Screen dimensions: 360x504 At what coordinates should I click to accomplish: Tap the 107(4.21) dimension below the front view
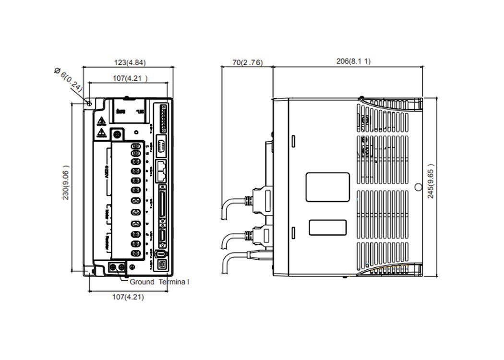(x=128, y=297)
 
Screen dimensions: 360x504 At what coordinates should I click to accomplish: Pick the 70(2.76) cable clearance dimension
(x=247, y=62)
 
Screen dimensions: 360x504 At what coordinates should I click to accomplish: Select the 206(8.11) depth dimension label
(x=354, y=61)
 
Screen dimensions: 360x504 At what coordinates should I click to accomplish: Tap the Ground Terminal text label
(x=159, y=282)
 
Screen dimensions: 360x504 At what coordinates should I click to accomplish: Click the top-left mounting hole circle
(x=89, y=104)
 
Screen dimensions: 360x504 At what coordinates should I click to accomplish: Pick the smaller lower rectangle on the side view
(x=327, y=228)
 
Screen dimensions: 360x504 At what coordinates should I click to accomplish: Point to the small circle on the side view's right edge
(x=418, y=187)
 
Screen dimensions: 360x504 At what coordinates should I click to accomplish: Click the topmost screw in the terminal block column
(x=136, y=147)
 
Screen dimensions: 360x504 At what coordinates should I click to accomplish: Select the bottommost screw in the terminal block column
(x=136, y=253)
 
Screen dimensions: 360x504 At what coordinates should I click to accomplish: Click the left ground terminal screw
(x=114, y=266)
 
